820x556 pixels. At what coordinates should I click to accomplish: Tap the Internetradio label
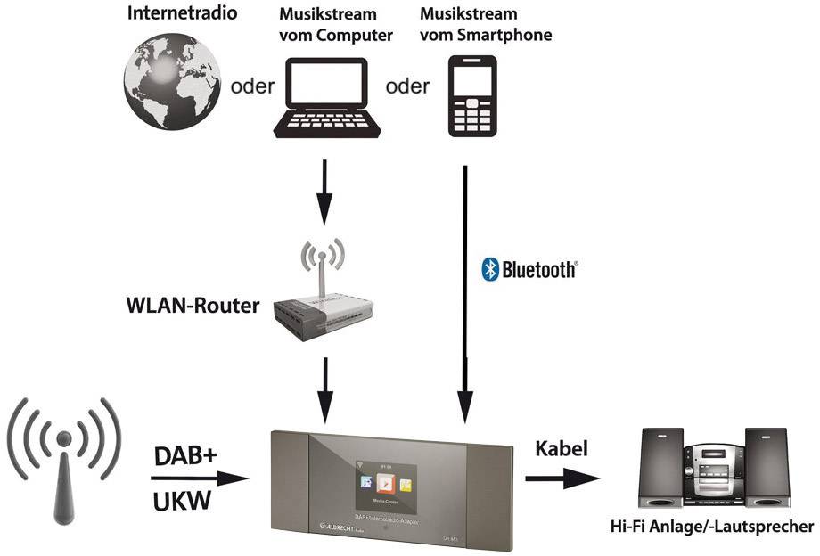[175, 14]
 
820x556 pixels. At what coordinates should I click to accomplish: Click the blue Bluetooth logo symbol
[488, 269]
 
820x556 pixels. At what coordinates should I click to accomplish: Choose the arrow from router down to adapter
[326, 388]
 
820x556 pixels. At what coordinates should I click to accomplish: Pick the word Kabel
[561, 448]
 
